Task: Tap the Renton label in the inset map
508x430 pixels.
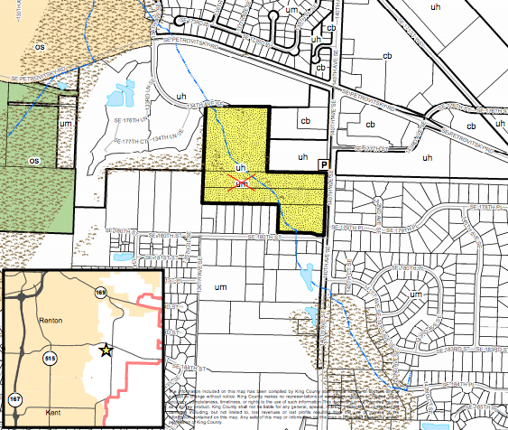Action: click(x=55, y=321)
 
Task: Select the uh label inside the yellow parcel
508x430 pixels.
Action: click(x=240, y=168)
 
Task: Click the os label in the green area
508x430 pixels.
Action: click(x=34, y=161)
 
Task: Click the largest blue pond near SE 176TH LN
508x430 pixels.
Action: click(x=116, y=93)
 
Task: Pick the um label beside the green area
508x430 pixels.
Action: click(x=65, y=123)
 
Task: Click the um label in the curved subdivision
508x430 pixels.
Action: click(x=417, y=294)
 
